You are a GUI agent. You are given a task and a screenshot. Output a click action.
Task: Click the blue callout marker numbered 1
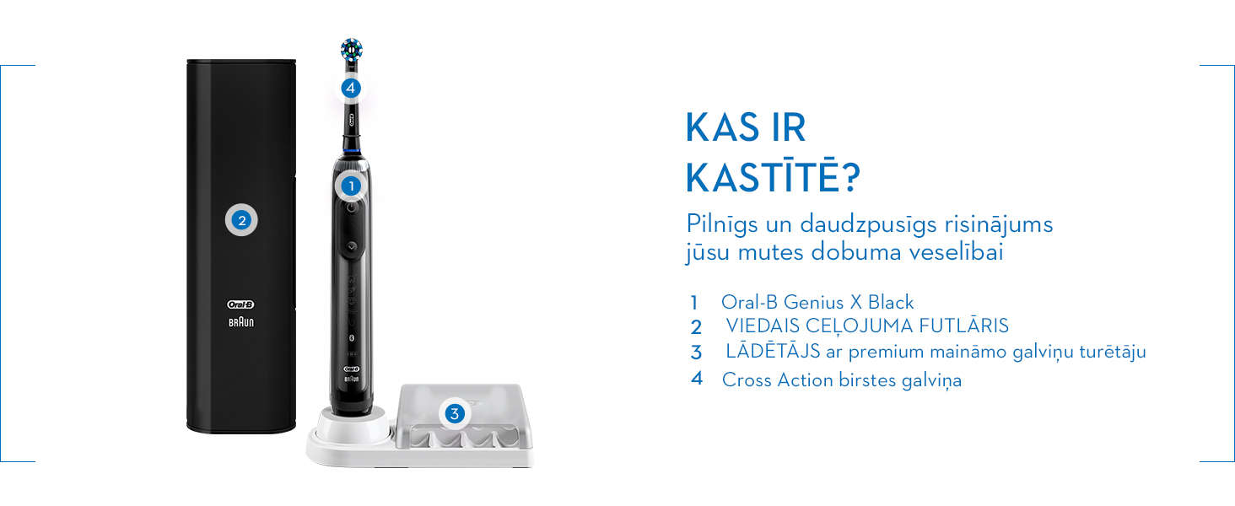[x=351, y=186]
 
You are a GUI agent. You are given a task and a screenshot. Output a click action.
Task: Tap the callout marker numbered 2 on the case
[x=241, y=220]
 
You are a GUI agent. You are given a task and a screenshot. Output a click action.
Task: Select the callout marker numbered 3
[x=455, y=413]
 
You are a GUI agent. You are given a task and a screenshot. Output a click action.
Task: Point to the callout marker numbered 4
[x=351, y=88]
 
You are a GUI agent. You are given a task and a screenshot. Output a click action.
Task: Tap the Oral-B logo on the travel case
[x=240, y=304]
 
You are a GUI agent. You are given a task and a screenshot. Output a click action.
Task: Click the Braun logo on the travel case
[x=241, y=322]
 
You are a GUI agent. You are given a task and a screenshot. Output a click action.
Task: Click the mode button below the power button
[x=351, y=247]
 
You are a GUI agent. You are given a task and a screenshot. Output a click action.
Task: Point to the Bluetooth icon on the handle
[x=352, y=337]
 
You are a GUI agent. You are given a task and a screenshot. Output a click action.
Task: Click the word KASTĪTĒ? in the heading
[x=773, y=177]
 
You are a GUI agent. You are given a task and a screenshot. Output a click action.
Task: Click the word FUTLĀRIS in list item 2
[x=963, y=326]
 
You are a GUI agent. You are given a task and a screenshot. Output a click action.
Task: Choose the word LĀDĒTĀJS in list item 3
[x=773, y=351]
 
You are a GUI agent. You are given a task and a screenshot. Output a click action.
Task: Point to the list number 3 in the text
[x=696, y=353]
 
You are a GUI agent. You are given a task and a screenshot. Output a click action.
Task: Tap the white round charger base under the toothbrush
[x=351, y=426]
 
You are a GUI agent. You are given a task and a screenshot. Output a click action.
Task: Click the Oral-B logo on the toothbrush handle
[x=352, y=369]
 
